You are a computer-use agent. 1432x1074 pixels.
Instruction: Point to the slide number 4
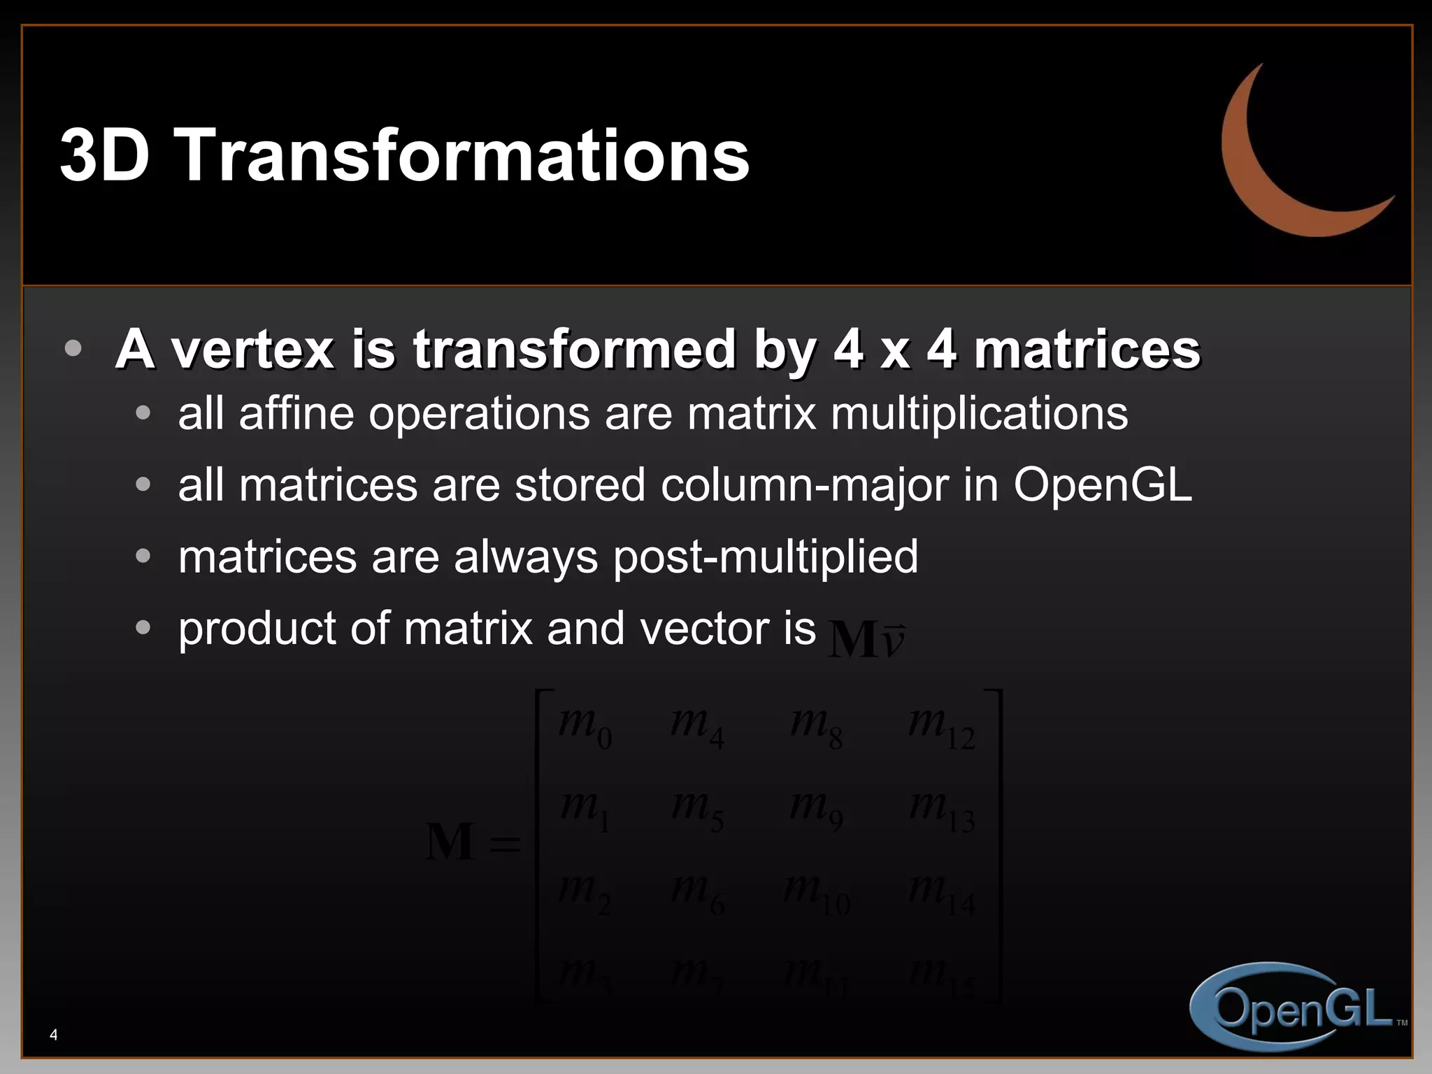click(54, 1035)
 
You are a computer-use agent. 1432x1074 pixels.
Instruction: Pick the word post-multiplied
click(765, 558)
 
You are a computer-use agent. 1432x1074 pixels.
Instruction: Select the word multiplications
click(979, 414)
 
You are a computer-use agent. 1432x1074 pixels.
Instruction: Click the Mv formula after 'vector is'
click(866, 638)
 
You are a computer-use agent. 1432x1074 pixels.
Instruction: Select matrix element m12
click(941, 726)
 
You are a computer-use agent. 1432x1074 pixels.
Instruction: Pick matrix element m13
click(941, 810)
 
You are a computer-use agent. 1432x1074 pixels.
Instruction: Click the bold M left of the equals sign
click(450, 842)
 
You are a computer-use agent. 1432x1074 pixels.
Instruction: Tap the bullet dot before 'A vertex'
click(73, 348)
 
